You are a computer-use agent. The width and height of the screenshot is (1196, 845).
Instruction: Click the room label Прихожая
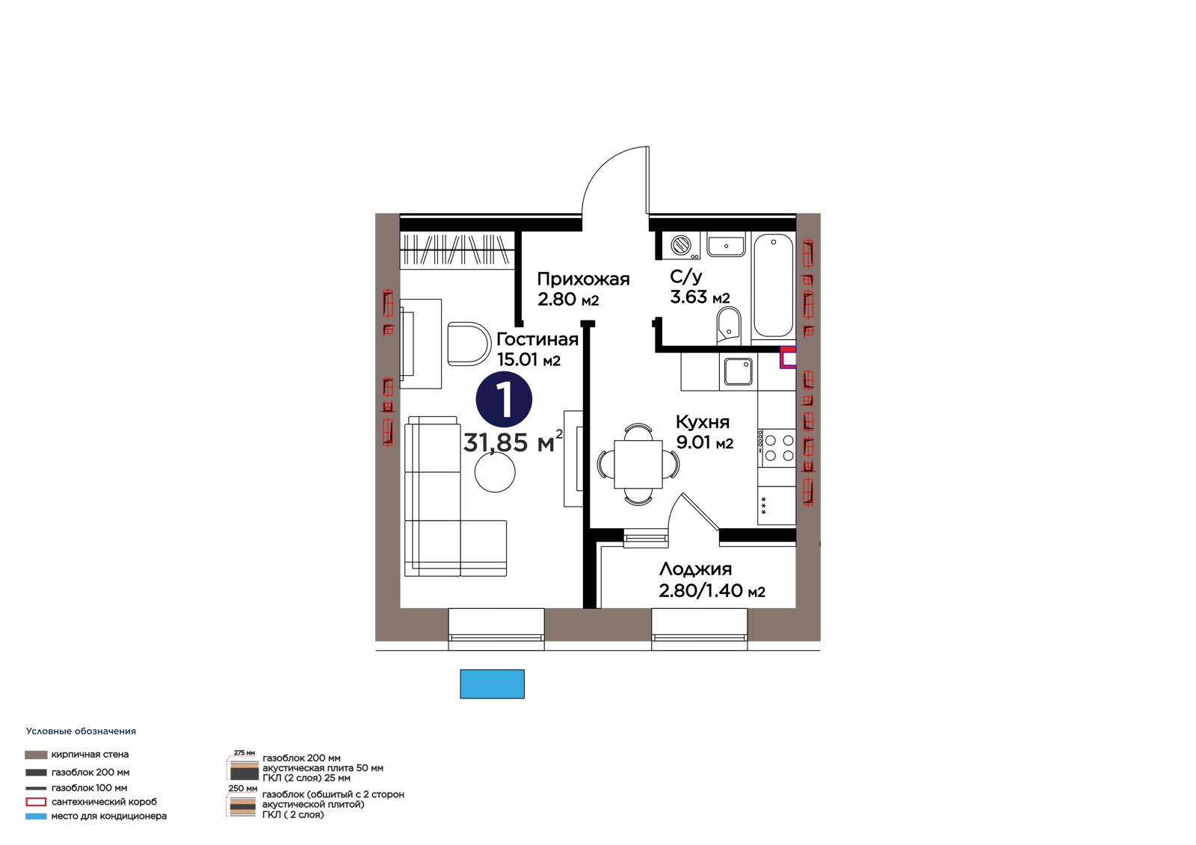583,279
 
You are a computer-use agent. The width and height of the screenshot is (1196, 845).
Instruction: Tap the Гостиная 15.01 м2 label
537,350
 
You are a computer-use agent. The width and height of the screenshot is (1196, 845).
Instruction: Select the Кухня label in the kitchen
702,422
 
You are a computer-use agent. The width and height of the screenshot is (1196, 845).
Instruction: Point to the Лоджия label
695,569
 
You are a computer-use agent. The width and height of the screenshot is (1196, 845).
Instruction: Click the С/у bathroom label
685,277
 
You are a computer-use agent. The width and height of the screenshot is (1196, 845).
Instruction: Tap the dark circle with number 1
504,399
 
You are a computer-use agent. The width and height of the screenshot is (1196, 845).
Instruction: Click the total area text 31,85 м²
513,442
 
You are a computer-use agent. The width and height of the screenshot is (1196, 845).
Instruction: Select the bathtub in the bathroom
773,286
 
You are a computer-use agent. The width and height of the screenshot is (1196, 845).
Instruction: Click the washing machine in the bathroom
681,245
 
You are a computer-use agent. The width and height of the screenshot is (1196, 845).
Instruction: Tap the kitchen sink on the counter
738,371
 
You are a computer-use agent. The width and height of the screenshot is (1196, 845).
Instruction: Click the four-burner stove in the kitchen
777,448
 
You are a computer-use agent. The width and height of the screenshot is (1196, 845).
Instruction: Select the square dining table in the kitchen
638,464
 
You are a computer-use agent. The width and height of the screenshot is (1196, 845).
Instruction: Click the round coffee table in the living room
495,472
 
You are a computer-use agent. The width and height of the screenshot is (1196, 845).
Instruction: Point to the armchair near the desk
469,344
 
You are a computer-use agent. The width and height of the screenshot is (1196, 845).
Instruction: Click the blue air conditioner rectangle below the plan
493,684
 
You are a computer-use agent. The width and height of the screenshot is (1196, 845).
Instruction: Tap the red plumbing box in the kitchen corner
788,357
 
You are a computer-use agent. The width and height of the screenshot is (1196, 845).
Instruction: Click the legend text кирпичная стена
90,755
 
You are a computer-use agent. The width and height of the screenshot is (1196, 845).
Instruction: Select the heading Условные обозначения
81,731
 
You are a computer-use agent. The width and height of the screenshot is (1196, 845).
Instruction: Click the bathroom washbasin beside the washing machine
726,244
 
